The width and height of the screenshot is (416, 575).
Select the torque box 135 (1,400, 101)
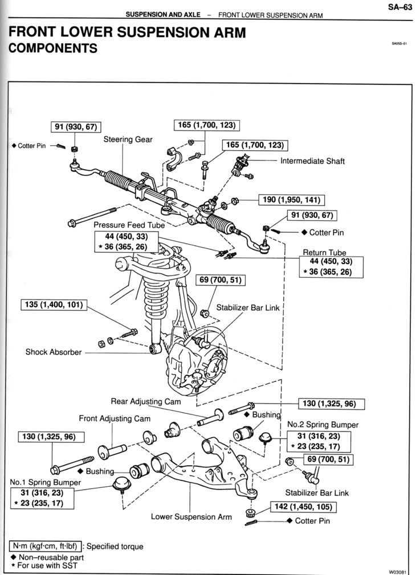pyautogui.click(x=53, y=305)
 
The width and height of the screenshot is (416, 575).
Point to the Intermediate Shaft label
pyautogui.click(x=312, y=161)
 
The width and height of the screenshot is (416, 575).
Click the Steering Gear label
pyautogui.click(x=128, y=139)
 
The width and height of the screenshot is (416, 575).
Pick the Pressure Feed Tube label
pyautogui.click(x=129, y=225)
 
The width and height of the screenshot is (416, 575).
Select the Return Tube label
pyautogui.click(x=324, y=252)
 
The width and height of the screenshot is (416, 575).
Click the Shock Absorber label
pyautogui.click(x=53, y=352)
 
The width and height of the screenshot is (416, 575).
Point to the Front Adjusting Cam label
pyautogui.click(x=115, y=419)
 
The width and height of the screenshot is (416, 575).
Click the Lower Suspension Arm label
pyautogui.click(x=191, y=517)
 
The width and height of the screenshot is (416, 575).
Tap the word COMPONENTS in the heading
pyautogui.click(x=53, y=49)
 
